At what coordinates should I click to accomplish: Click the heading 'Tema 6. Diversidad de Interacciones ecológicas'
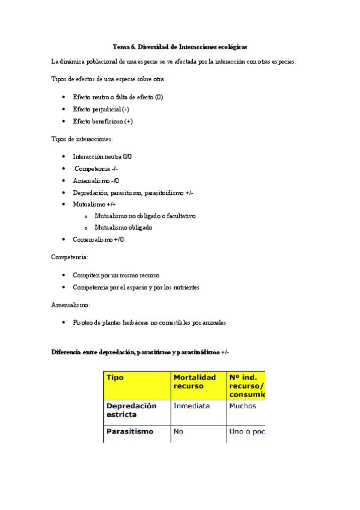tap(180, 46)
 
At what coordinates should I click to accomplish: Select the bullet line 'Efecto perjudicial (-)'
tap(101, 109)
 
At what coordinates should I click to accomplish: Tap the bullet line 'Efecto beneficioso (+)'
tap(103, 121)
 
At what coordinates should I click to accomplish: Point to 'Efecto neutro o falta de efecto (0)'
tap(118, 97)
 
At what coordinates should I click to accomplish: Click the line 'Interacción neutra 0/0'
tap(102, 156)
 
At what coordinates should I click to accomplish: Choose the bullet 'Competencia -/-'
tap(96, 168)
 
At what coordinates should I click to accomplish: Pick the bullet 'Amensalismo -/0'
tap(96, 180)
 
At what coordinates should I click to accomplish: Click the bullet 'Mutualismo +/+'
tap(94, 204)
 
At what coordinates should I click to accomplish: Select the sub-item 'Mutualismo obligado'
tap(123, 227)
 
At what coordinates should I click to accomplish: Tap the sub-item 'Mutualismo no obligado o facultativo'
tap(145, 215)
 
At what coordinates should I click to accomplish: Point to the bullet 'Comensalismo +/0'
tap(99, 239)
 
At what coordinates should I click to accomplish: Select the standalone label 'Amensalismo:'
tap(71, 305)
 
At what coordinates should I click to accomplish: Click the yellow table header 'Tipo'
tap(115, 378)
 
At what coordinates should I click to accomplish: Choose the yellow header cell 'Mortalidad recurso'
tap(195, 381)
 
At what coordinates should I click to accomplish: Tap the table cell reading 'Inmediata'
tap(192, 407)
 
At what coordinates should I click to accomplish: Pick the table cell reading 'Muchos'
tap(242, 407)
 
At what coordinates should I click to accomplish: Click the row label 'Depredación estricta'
tap(131, 410)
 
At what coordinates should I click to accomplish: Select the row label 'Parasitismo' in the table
tap(130, 432)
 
